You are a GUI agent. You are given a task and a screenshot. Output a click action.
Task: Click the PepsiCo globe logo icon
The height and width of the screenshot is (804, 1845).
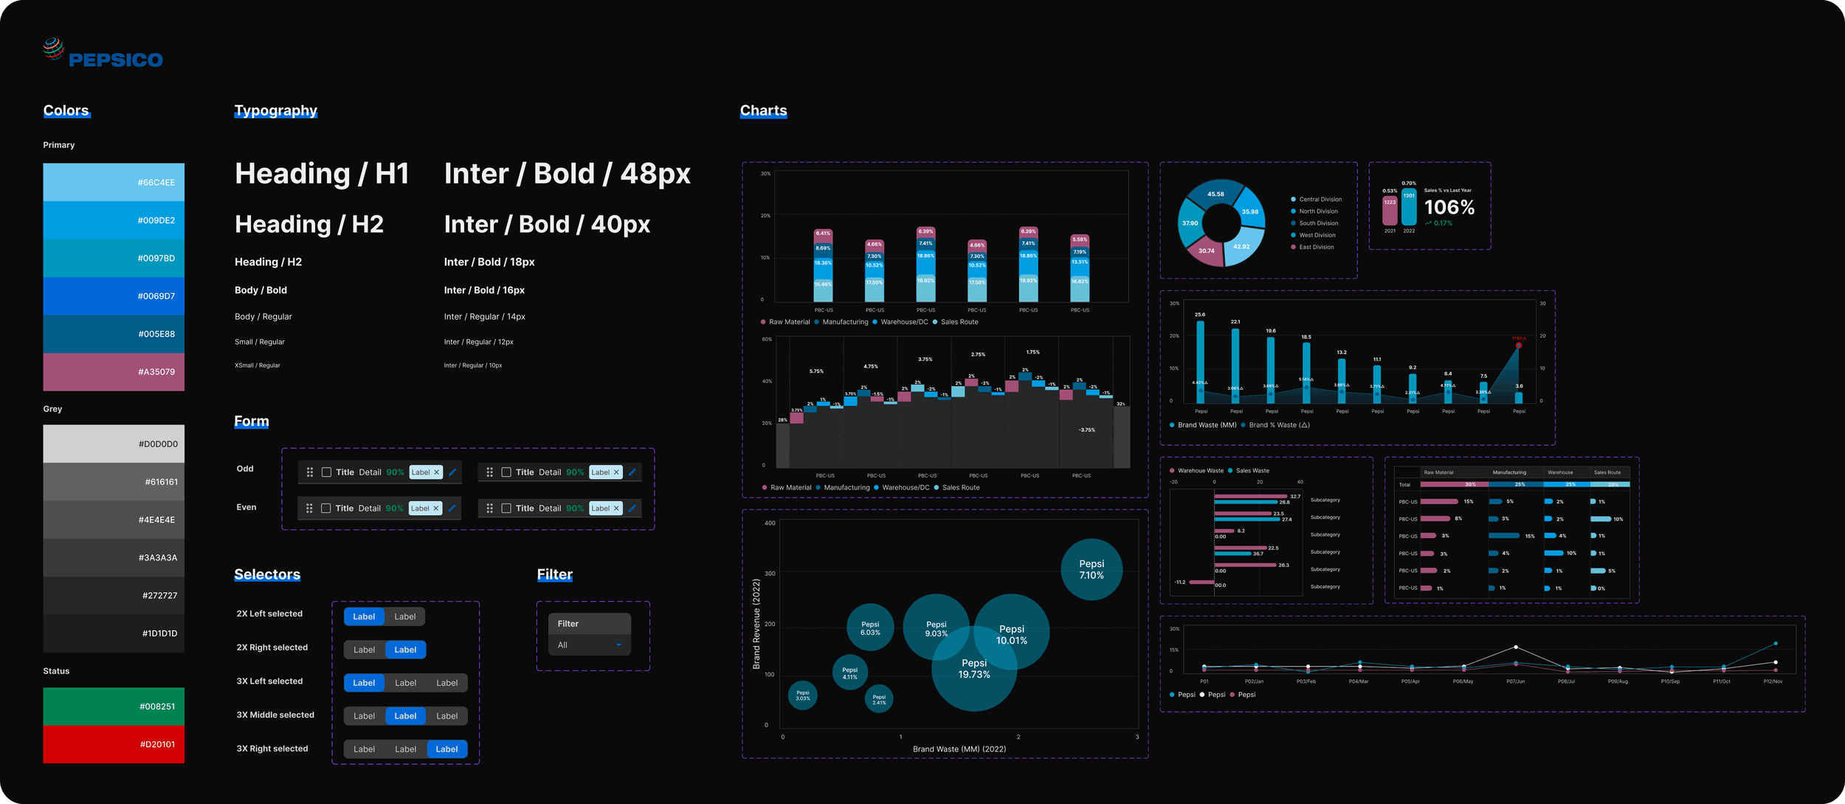pyautogui.click(x=53, y=49)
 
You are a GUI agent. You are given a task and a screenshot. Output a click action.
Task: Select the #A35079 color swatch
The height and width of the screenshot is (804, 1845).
pyautogui.click(x=114, y=372)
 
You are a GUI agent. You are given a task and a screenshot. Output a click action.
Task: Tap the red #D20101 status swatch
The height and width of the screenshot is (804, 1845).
pyautogui.click(x=114, y=744)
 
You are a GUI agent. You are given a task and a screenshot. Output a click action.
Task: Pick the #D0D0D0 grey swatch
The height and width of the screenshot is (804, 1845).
pyautogui.click(x=114, y=444)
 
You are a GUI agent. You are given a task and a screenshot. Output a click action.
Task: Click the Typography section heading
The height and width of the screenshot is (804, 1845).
pyautogui.click(x=275, y=111)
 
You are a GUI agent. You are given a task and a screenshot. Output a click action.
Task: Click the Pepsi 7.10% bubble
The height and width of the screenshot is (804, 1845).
pyautogui.click(x=1091, y=569)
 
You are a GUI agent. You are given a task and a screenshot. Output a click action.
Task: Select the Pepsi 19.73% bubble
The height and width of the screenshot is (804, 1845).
pyautogui.click(x=973, y=669)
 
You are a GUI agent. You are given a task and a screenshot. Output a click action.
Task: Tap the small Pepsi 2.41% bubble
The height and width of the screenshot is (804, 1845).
pyautogui.click(x=878, y=698)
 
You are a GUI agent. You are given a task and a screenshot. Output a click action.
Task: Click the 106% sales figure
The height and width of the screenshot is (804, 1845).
pyautogui.click(x=1449, y=207)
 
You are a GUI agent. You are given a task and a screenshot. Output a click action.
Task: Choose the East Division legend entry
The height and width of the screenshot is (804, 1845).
pyautogui.click(x=1316, y=247)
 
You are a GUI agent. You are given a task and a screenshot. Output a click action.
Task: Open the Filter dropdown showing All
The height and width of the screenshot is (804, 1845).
pyautogui.click(x=589, y=645)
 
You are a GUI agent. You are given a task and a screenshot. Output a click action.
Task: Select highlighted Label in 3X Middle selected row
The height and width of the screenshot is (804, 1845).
pyautogui.click(x=405, y=716)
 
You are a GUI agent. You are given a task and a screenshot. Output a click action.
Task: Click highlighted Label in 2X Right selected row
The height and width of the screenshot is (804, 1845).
pyautogui.click(x=405, y=650)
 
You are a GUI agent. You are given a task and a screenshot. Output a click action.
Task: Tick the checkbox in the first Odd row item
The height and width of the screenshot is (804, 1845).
pyautogui.click(x=326, y=473)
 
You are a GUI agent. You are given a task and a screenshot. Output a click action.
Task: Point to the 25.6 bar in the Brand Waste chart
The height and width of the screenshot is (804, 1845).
pyautogui.click(x=1200, y=362)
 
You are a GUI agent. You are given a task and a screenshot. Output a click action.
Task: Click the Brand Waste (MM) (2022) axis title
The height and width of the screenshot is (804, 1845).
pyautogui.click(x=959, y=749)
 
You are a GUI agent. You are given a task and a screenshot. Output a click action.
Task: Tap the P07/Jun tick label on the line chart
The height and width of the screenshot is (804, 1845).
pyautogui.click(x=1515, y=681)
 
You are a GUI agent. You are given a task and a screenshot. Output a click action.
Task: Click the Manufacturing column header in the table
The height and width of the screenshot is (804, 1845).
pyautogui.click(x=1509, y=473)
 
